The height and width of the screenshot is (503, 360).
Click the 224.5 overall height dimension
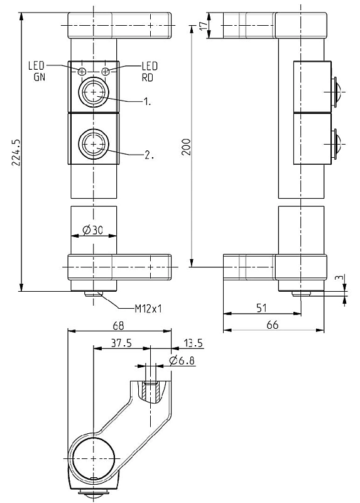pos(16,152)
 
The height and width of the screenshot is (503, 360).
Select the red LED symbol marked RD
pos(105,71)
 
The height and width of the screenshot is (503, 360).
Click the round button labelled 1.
pos(94,92)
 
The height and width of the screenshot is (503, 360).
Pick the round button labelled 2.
pos(94,145)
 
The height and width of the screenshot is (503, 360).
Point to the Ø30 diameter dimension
pos(92,230)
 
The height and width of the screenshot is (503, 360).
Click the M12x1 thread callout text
pos(148,309)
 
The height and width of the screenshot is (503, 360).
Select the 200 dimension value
pos(186,147)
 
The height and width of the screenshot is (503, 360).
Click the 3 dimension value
pos(341,278)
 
